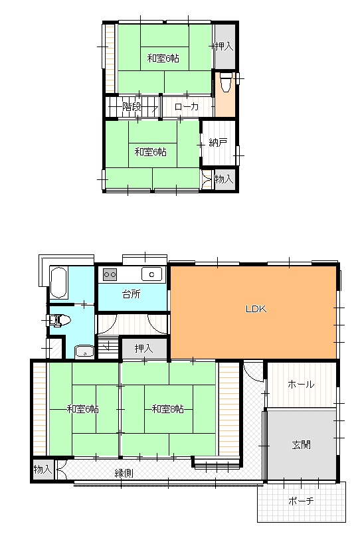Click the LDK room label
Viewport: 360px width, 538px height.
point(256,309)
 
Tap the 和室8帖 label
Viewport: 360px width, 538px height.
point(168,409)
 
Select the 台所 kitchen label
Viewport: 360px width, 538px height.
point(132,294)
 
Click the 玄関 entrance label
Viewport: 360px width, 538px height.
point(302,444)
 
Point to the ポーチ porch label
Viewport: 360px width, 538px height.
point(301,501)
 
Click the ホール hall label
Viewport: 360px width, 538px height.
point(301,385)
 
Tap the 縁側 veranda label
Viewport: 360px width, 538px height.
point(124,473)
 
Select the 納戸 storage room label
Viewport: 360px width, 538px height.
point(218,143)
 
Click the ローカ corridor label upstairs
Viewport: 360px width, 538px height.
point(187,106)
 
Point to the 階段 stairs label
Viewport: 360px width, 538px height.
point(132,106)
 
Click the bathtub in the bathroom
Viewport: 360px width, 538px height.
point(58,283)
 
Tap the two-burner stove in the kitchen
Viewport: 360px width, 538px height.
point(110,274)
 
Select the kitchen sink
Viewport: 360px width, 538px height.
point(152,274)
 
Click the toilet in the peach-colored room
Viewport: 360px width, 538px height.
point(225,82)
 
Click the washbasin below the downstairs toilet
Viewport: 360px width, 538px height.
point(84,351)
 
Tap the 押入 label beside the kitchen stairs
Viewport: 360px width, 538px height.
point(143,349)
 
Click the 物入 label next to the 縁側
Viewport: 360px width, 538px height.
point(43,469)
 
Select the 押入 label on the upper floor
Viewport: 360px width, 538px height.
point(224,46)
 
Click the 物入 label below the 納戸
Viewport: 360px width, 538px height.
point(224,179)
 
